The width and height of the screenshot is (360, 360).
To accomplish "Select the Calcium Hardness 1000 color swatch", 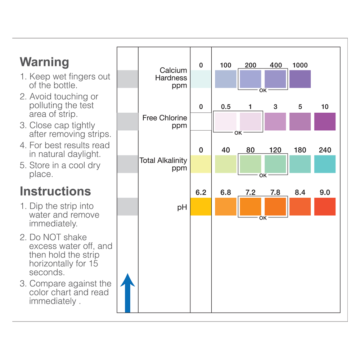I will tap(300, 79).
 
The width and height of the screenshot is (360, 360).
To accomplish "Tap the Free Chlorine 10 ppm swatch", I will tap(325, 122).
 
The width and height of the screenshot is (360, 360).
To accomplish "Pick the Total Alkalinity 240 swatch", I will tap(325, 164).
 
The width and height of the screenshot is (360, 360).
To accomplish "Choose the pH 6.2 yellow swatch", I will tap(201, 207).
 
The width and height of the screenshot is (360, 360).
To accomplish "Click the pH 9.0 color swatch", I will tap(325, 207).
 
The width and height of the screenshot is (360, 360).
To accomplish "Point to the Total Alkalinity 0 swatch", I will tap(201, 164).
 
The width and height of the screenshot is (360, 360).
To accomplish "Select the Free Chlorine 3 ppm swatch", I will tap(275, 122).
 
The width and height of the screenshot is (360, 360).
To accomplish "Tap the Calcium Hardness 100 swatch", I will tap(226, 79).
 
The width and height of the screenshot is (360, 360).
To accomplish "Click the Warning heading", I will tap(44, 62).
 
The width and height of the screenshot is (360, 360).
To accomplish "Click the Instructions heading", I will tap(55, 191).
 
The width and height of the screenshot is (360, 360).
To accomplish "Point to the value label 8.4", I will tap(300, 193).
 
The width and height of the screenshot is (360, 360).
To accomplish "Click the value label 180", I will tap(300, 150).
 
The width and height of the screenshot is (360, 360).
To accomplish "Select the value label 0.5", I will tap(226, 107).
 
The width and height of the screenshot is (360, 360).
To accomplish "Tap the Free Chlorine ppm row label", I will tap(165, 122).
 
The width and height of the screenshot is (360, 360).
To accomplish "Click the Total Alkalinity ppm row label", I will tap(163, 164).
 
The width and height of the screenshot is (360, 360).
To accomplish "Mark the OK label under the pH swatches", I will tap(263, 218).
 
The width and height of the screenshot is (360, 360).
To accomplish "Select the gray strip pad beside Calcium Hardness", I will tap(127, 79).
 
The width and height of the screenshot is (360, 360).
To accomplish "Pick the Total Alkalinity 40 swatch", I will tap(226, 164).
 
